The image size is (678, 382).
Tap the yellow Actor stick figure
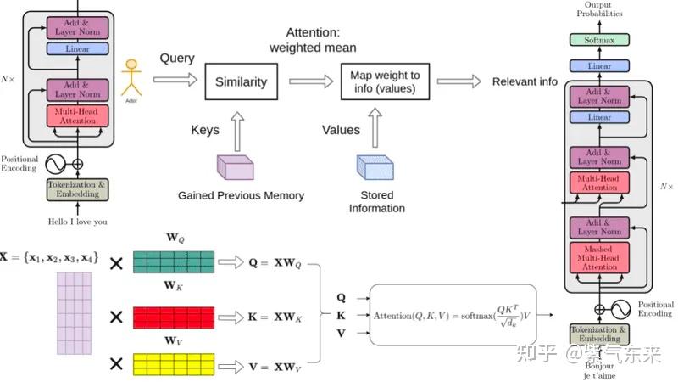pos(131,78)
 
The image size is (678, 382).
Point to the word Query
pos(177,59)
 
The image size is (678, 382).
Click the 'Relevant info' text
pos(525,82)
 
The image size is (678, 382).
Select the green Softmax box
pos(599,40)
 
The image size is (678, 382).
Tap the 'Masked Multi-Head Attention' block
pos(600,256)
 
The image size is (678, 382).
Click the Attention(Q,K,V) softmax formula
pos(456,316)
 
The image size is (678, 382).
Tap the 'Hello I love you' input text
pos(77,222)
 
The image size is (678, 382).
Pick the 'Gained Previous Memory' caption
pos(241,196)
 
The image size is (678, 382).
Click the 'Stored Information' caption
pos(377,202)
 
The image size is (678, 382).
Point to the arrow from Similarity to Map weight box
pos(310,82)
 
